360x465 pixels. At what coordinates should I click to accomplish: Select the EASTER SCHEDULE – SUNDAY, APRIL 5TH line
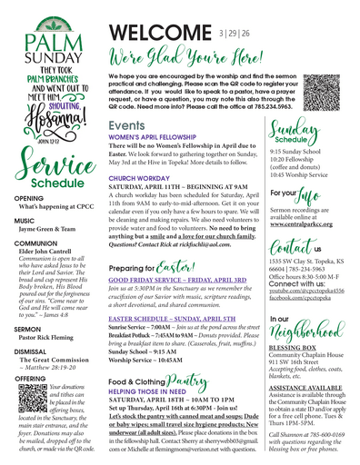pyautogui.click(x=176, y=321)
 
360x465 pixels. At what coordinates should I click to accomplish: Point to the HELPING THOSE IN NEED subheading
pyautogui.click(x=148, y=391)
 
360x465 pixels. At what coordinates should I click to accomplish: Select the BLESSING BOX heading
pyautogui.click(x=293, y=347)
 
